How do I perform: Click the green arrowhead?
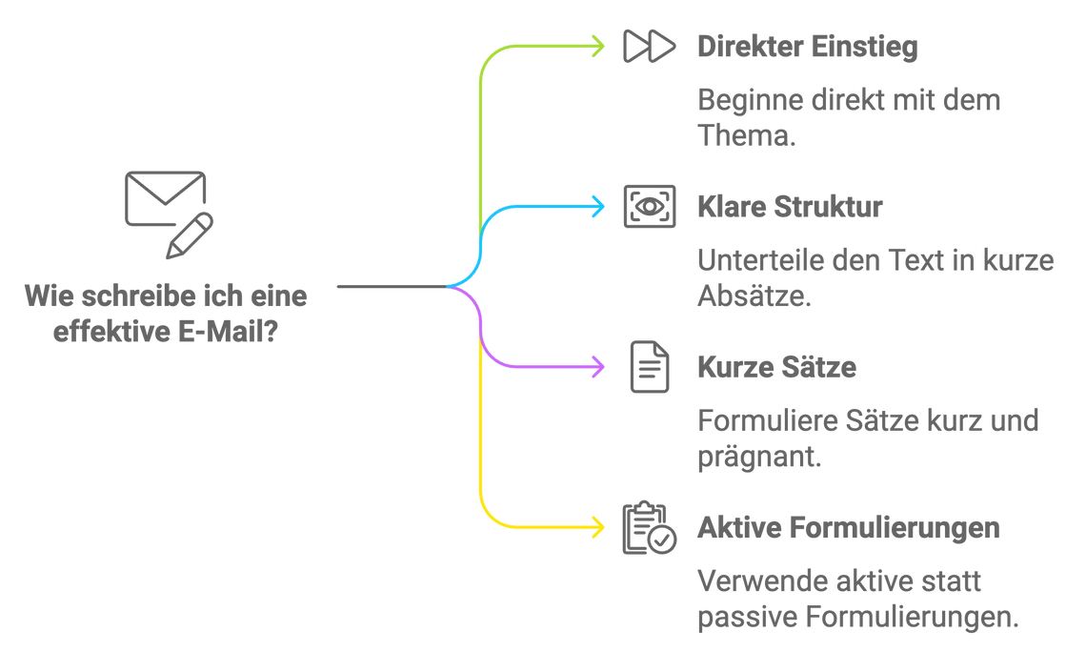click(x=600, y=45)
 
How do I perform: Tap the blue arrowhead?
click(x=600, y=204)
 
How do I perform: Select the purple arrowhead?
click(x=600, y=365)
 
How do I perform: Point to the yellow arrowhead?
click(x=600, y=525)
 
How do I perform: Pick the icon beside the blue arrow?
click(x=648, y=204)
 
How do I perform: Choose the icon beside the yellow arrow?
click(x=648, y=525)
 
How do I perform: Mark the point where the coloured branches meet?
click(x=454, y=286)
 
